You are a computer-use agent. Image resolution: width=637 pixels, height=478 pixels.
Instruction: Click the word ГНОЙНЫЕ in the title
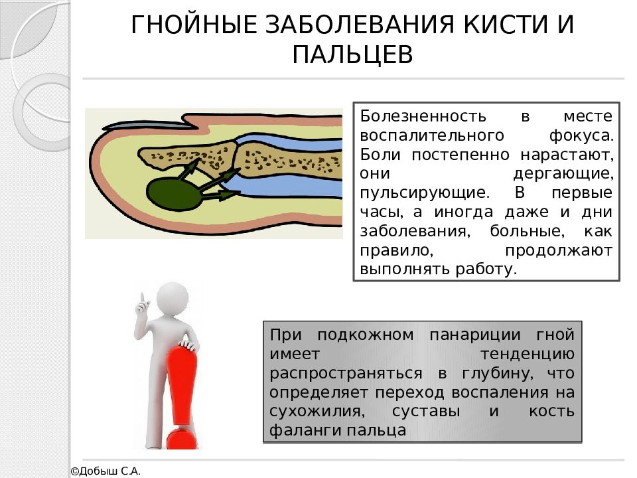point(190,25)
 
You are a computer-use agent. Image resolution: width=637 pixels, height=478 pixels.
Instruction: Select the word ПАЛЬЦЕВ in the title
point(353,55)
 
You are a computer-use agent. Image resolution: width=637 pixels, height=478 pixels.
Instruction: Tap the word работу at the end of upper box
point(488,270)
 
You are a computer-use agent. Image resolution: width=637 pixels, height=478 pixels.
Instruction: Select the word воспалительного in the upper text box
point(429,135)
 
